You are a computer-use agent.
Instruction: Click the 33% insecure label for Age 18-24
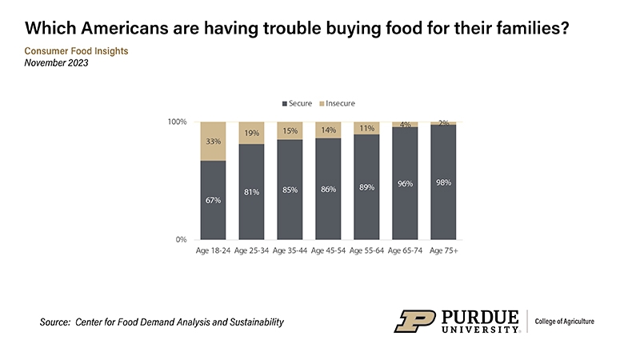[x=213, y=142]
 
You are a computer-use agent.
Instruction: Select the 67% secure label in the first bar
[x=213, y=200]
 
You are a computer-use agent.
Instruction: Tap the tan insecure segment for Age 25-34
[x=251, y=133]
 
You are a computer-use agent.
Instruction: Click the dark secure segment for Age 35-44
[x=290, y=190]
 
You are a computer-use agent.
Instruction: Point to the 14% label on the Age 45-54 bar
[x=328, y=130]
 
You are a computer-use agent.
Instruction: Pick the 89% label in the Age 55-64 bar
[x=366, y=186]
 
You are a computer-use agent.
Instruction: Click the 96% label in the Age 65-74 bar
[x=405, y=183]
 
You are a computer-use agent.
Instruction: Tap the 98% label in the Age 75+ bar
[x=443, y=182]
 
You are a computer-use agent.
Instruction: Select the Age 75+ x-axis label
[x=443, y=251]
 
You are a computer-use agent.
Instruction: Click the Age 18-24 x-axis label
[x=213, y=251]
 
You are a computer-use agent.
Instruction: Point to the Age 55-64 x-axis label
[x=366, y=251]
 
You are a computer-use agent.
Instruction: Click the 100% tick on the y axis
[x=177, y=122]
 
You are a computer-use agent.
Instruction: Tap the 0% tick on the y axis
[x=180, y=239]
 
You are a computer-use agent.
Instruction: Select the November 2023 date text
[x=57, y=63]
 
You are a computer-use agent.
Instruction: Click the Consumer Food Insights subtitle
[x=77, y=51]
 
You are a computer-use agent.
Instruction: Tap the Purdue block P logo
[x=414, y=321]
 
